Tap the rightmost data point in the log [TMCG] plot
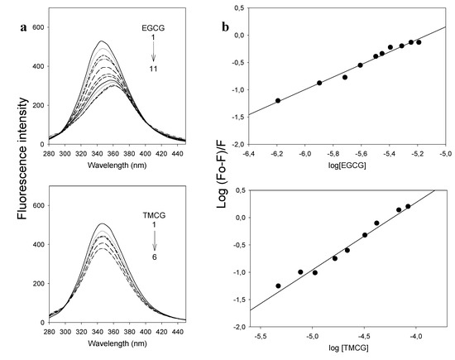tap(408, 206)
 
